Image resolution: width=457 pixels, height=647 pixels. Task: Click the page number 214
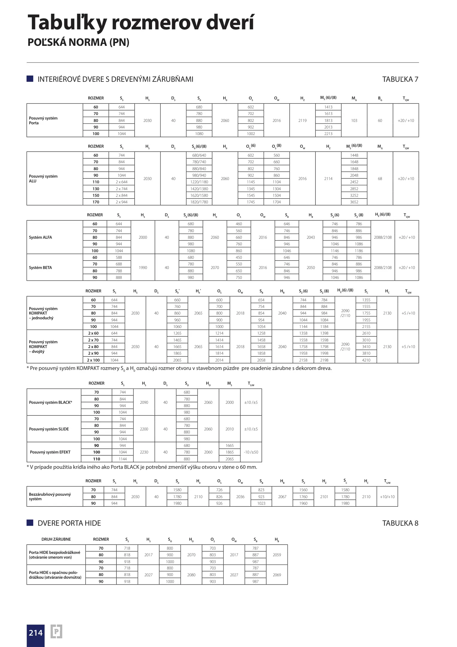[x=36, y=633]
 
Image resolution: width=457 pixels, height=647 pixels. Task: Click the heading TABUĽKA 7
[x=400, y=79]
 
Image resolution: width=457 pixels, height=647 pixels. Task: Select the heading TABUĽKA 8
[x=400, y=523]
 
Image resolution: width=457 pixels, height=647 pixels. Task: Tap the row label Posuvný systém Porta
[x=43, y=120]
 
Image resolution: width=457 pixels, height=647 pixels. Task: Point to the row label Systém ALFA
[x=40, y=238]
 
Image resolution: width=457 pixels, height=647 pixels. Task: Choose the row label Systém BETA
[x=40, y=268]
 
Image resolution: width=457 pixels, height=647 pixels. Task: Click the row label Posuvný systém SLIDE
[x=49, y=429]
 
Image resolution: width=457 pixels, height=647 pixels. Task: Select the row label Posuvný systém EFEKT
[x=50, y=452]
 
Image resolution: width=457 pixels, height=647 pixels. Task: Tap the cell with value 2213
[x=328, y=134]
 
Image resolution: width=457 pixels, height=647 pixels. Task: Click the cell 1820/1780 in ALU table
[x=199, y=202]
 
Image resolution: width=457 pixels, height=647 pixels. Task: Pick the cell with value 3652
[x=354, y=202]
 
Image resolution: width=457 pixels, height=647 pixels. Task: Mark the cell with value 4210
[x=366, y=360]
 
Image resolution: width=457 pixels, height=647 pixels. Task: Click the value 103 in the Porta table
[x=354, y=120]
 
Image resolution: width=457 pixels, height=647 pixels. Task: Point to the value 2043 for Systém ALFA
[x=311, y=238]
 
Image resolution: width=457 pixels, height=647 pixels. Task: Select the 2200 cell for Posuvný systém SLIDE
[x=144, y=429]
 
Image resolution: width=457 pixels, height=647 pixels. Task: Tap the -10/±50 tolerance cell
[x=251, y=452]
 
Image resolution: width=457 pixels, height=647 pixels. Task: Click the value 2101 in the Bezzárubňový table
[x=324, y=497]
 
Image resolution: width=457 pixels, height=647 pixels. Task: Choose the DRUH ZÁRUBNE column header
[x=56, y=539]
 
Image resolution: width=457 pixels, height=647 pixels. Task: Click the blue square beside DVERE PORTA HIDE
[x=30, y=523]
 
